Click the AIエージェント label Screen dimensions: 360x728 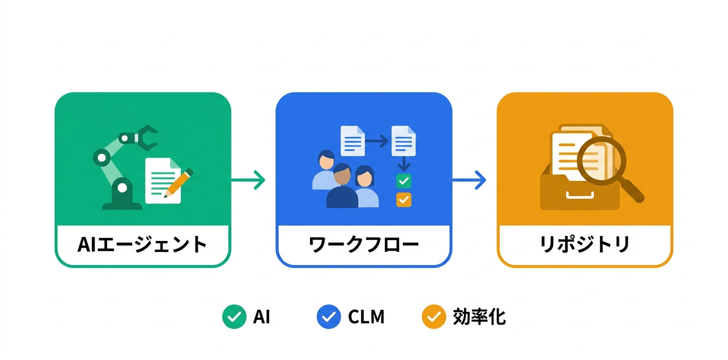142,245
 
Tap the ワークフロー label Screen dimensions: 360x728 363,245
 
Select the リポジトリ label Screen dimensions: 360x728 584,245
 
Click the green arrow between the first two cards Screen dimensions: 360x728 248,180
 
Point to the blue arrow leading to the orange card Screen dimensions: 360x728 469,180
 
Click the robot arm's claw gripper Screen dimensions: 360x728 147,136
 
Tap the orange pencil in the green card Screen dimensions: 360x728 179,182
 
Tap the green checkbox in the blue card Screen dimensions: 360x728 403,180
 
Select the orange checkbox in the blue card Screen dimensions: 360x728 403,199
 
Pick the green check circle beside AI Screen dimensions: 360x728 234,317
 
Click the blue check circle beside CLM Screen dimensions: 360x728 328,317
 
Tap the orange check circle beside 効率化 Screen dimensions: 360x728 433,317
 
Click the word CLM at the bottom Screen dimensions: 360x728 366,317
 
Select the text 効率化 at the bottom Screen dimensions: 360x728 479,317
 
